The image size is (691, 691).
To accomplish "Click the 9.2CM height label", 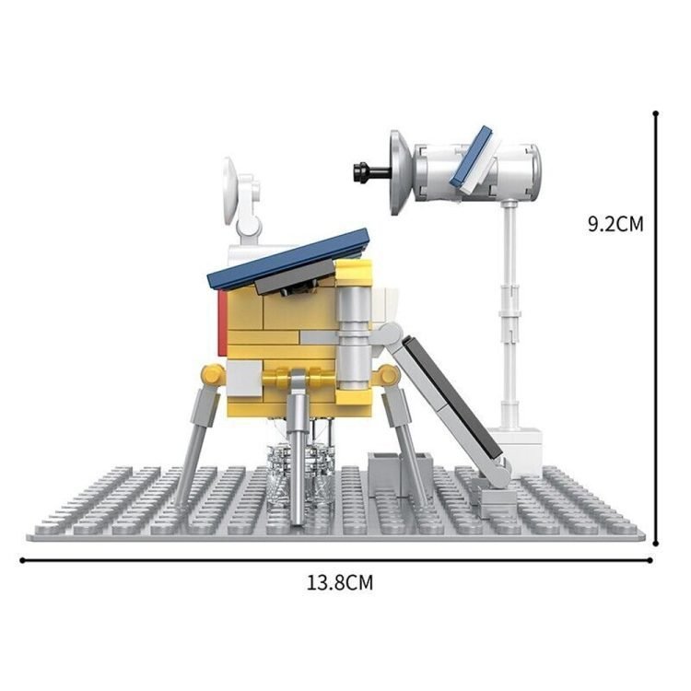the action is click(x=615, y=224).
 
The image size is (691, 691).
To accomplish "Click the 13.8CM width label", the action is click(x=340, y=582).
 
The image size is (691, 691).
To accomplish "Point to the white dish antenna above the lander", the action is click(x=231, y=191).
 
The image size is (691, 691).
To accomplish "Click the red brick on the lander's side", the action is click(x=223, y=324).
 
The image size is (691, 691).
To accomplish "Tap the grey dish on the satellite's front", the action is click(x=401, y=172).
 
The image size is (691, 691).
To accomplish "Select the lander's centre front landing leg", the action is click(x=299, y=449).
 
